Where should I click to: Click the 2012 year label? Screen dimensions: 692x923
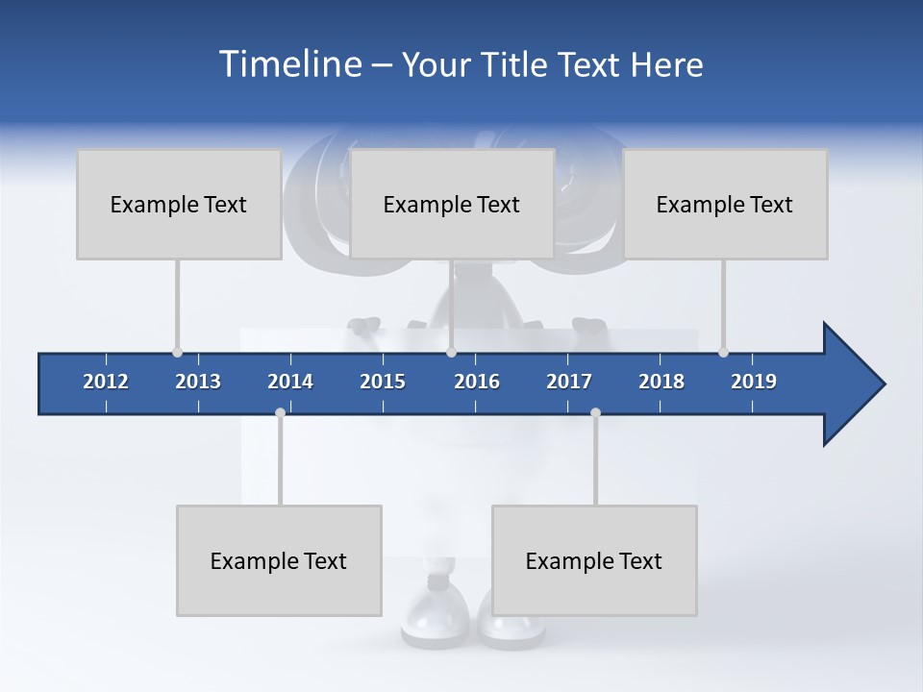click(x=106, y=382)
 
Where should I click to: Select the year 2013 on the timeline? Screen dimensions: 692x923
click(x=198, y=382)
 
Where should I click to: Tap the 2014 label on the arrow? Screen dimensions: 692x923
click(x=290, y=382)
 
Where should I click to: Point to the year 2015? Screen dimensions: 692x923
click(x=383, y=382)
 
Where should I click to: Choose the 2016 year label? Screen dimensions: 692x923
click(x=477, y=382)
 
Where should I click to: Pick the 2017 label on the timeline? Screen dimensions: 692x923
click(x=569, y=382)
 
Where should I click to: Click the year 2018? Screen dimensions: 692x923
click(x=661, y=382)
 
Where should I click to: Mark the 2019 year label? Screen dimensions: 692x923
click(x=754, y=382)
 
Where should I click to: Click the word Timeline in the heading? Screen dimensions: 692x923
click(x=289, y=64)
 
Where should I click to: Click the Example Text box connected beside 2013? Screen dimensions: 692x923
click(x=179, y=204)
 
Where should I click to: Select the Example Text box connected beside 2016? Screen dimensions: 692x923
click(x=452, y=204)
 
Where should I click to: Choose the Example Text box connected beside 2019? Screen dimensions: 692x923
click(x=725, y=204)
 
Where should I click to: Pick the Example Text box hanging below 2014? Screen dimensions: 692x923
click(x=279, y=560)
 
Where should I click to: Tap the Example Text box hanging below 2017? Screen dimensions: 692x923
click(x=594, y=560)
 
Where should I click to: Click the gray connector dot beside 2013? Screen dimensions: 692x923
click(x=177, y=353)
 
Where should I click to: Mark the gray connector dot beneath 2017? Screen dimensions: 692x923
click(x=595, y=413)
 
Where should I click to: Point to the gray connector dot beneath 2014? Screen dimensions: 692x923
click(x=280, y=413)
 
